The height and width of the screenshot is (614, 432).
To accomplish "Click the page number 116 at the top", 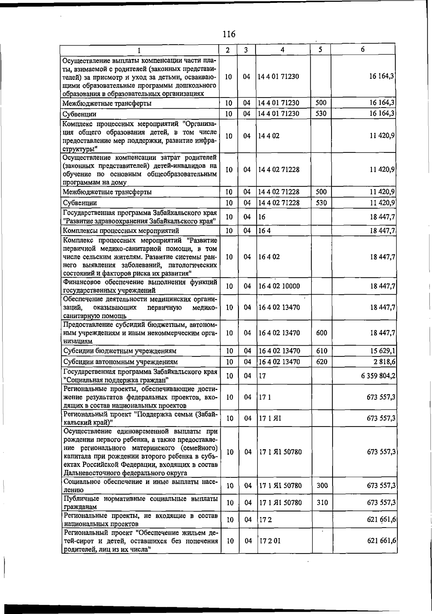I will (x=229, y=35).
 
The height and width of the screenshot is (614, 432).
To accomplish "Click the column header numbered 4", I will (x=283, y=50).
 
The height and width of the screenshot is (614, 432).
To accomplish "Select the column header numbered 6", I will (x=363, y=50).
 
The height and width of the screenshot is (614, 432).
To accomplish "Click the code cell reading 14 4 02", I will (x=269, y=136).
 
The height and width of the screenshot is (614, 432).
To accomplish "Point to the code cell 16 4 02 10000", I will (x=279, y=286).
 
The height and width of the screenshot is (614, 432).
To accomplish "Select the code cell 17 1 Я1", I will (x=270, y=418).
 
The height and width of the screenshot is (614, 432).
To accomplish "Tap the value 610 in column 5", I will (x=321, y=351).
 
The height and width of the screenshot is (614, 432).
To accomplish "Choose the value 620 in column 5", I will (x=321, y=361).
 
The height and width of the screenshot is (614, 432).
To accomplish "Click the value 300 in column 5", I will (x=322, y=486).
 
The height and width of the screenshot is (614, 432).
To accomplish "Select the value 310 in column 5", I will (x=322, y=502).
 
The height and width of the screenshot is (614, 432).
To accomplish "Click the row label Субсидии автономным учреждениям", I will (x=121, y=362).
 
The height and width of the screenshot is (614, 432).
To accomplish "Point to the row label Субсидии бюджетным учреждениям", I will (x=120, y=351).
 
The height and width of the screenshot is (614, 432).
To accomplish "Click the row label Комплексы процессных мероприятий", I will (x=121, y=231).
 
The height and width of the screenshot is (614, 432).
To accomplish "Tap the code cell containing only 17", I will (x=262, y=376).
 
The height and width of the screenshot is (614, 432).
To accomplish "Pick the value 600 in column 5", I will (x=321, y=333).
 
